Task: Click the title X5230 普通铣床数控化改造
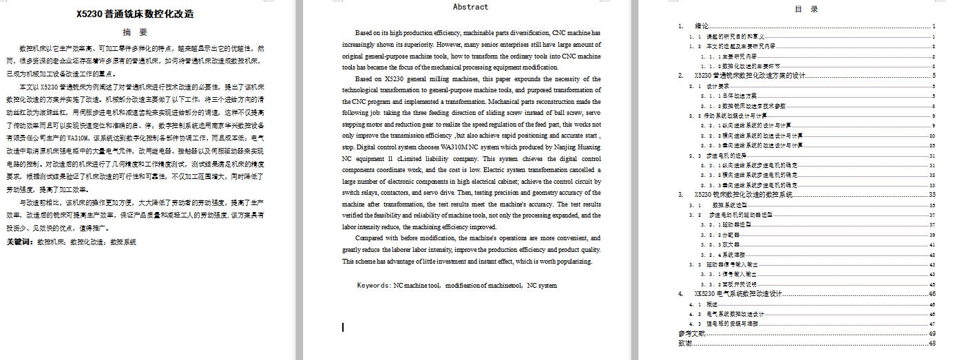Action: [135, 14]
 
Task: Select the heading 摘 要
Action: [135, 32]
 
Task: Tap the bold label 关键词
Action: [20, 242]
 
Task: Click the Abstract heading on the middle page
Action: [470, 7]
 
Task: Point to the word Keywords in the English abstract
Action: [373, 285]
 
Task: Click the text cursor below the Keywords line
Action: [343, 327]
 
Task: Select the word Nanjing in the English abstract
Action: [543, 147]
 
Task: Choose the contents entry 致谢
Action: [685, 343]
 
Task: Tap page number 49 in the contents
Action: [932, 333]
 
